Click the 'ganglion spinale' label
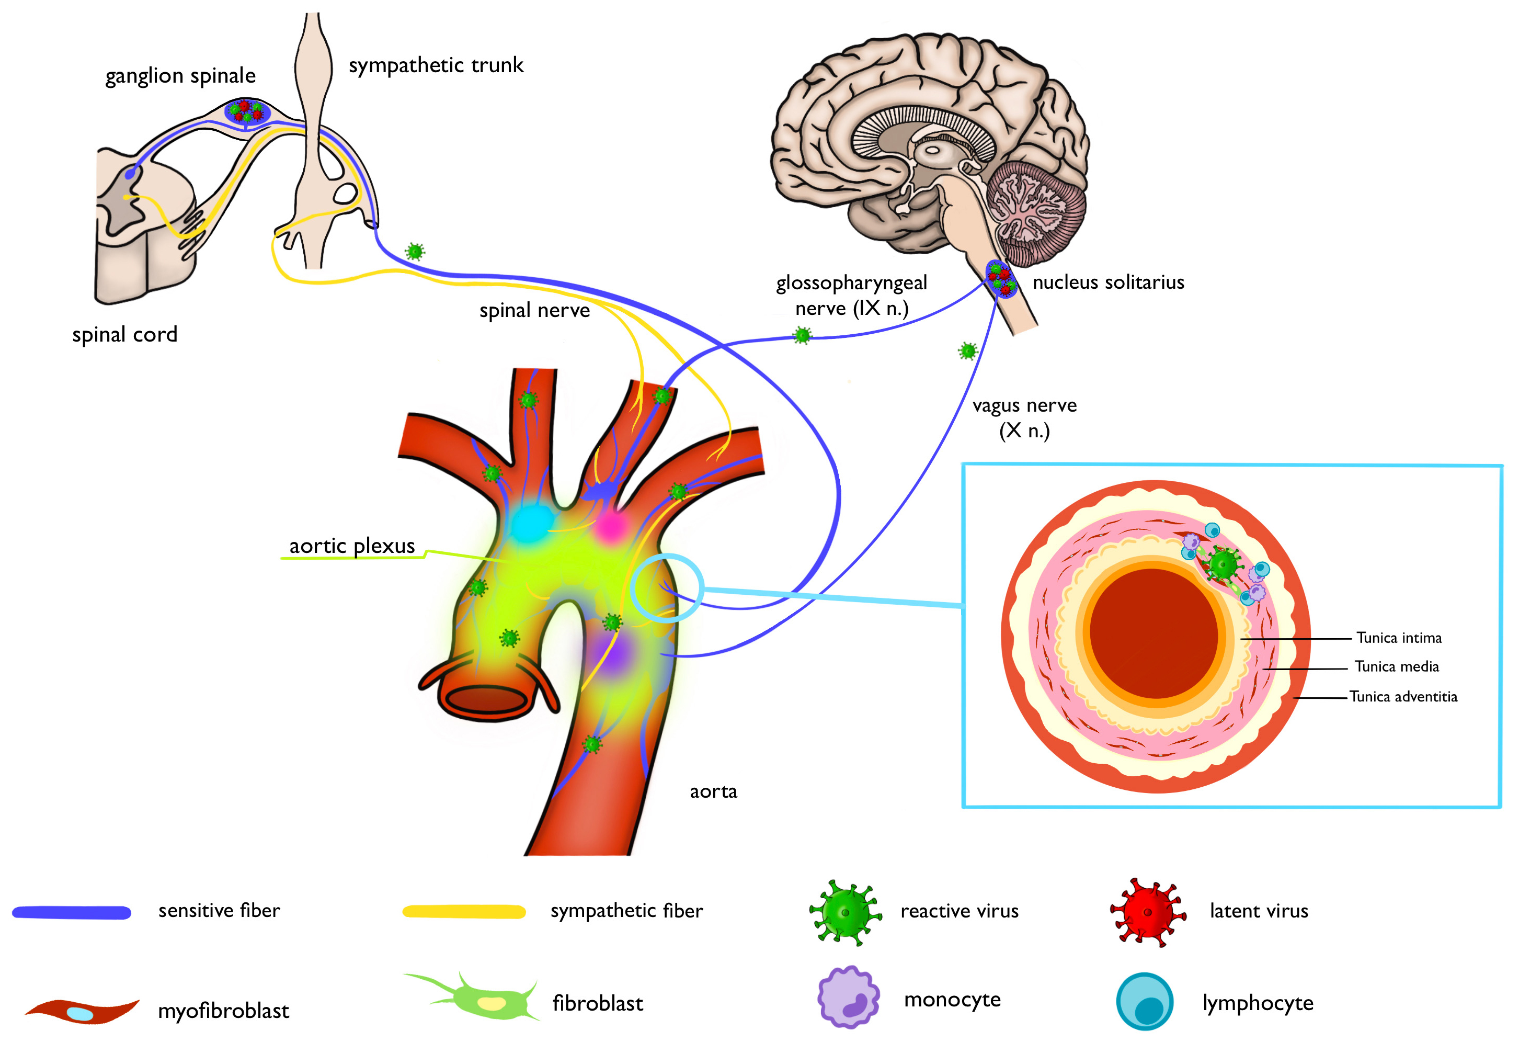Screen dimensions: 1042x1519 pyautogui.click(x=180, y=76)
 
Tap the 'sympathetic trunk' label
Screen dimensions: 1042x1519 pyautogui.click(x=436, y=65)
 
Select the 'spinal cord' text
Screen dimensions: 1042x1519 pyautogui.click(x=125, y=335)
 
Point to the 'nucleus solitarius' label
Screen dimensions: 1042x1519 pyautogui.click(x=1108, y=282)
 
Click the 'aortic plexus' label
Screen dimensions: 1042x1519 pyautogui.click(x=351, y=546)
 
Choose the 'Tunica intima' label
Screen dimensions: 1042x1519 pyautogui.click(x=1399, y=638)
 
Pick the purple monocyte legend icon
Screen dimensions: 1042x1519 pyautogui.click(x=848, y=998)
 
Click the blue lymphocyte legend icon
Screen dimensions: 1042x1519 pyautogui.click(x=1145, y=1002)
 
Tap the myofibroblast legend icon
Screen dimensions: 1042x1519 pyautogui.click(x=82, y=1012)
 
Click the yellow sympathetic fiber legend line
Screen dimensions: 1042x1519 pyautogui.click(x=464, y=912)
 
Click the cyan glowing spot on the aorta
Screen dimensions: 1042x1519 pyautogui.click(x=531, y=523)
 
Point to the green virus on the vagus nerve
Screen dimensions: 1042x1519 pyautogui.click(x=968, y=351)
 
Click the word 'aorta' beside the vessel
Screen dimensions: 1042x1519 pyautogui.click(x=713, y=791)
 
